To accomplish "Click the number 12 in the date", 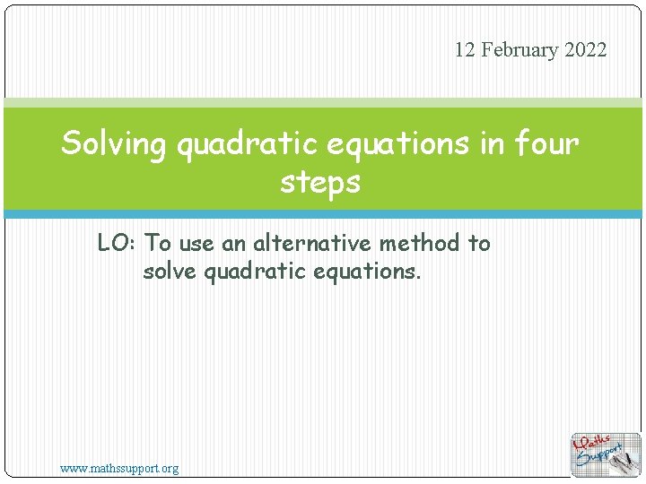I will coord(465,50).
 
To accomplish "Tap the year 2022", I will coord(586,50).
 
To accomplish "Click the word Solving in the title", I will coord(114,143).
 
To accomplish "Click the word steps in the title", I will coord(320,182).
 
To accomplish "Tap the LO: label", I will coord(118,243).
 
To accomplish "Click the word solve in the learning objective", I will coord(170,270).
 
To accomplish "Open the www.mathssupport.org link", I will coord(119,468).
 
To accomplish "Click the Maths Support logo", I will coord(607,454).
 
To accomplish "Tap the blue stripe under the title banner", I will coord(323,214).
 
